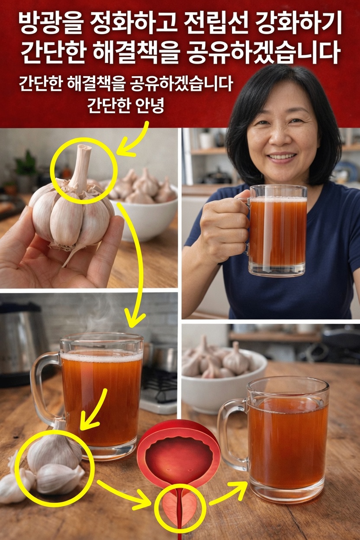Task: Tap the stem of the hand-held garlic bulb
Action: click(82, 164)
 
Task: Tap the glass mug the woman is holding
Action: click(277, 229)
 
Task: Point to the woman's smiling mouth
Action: click(282, 157)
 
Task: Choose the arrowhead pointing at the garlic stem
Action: click(125, 150)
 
